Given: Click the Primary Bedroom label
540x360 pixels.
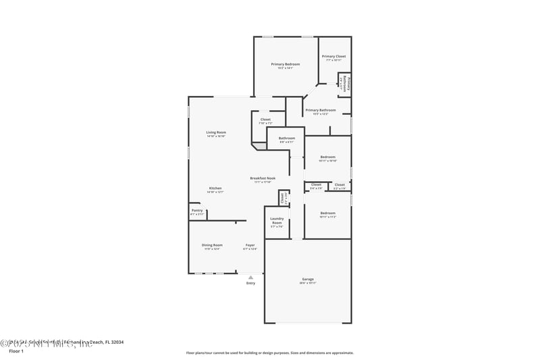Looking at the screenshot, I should pos(286,64).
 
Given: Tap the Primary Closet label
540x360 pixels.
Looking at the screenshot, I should pos(333,57).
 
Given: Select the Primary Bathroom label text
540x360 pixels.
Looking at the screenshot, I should pos(320,110).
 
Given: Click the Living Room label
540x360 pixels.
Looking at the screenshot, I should pos(216,132).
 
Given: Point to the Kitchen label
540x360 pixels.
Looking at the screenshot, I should pos(215,188).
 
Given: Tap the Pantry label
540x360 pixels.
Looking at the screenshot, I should pos(197,210).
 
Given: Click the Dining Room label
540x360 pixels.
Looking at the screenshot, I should pos(212,245).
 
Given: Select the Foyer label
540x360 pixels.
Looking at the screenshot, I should pos(250,245).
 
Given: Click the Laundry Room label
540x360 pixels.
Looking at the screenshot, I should pos(277,221).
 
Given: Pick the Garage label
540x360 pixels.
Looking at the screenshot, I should pos(308,279).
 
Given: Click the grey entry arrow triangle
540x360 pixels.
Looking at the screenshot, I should pos(250,277).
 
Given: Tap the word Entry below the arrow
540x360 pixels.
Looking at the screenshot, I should pos(250,283).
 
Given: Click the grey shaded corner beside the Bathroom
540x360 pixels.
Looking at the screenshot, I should pos(259,145).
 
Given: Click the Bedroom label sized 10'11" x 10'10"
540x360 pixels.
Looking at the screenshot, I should pos(327,157).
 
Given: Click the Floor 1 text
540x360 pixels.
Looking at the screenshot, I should pos(16,351).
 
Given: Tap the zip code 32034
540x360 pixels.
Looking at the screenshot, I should pos(115,342).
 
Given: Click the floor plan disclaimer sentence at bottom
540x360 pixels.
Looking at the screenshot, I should pos(269,353).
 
